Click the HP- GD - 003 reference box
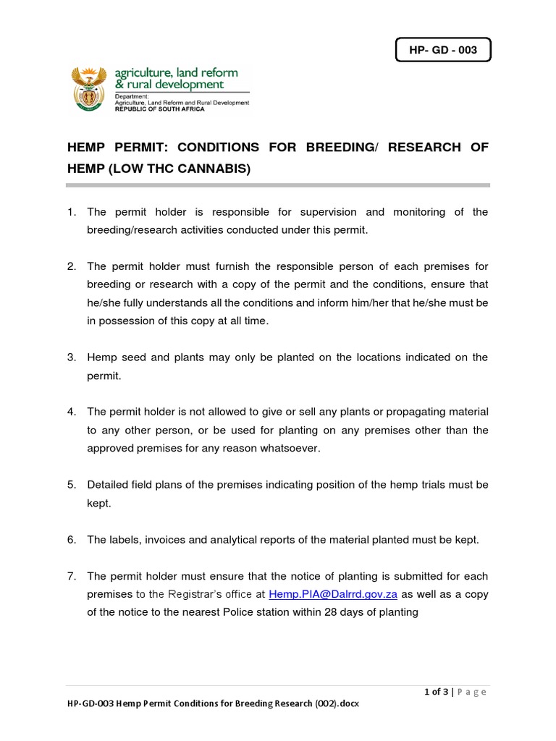tap(442, 51)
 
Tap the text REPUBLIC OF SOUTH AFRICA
tap(159, 109)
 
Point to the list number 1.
tap(71, 212)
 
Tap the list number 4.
tap(71, 412)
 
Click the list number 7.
tap(71, 577)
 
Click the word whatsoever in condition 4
tap(288, 449)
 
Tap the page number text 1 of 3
tap(436, 693)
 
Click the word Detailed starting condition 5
tap(109, 485)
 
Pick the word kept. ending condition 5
tap(99, 503)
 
